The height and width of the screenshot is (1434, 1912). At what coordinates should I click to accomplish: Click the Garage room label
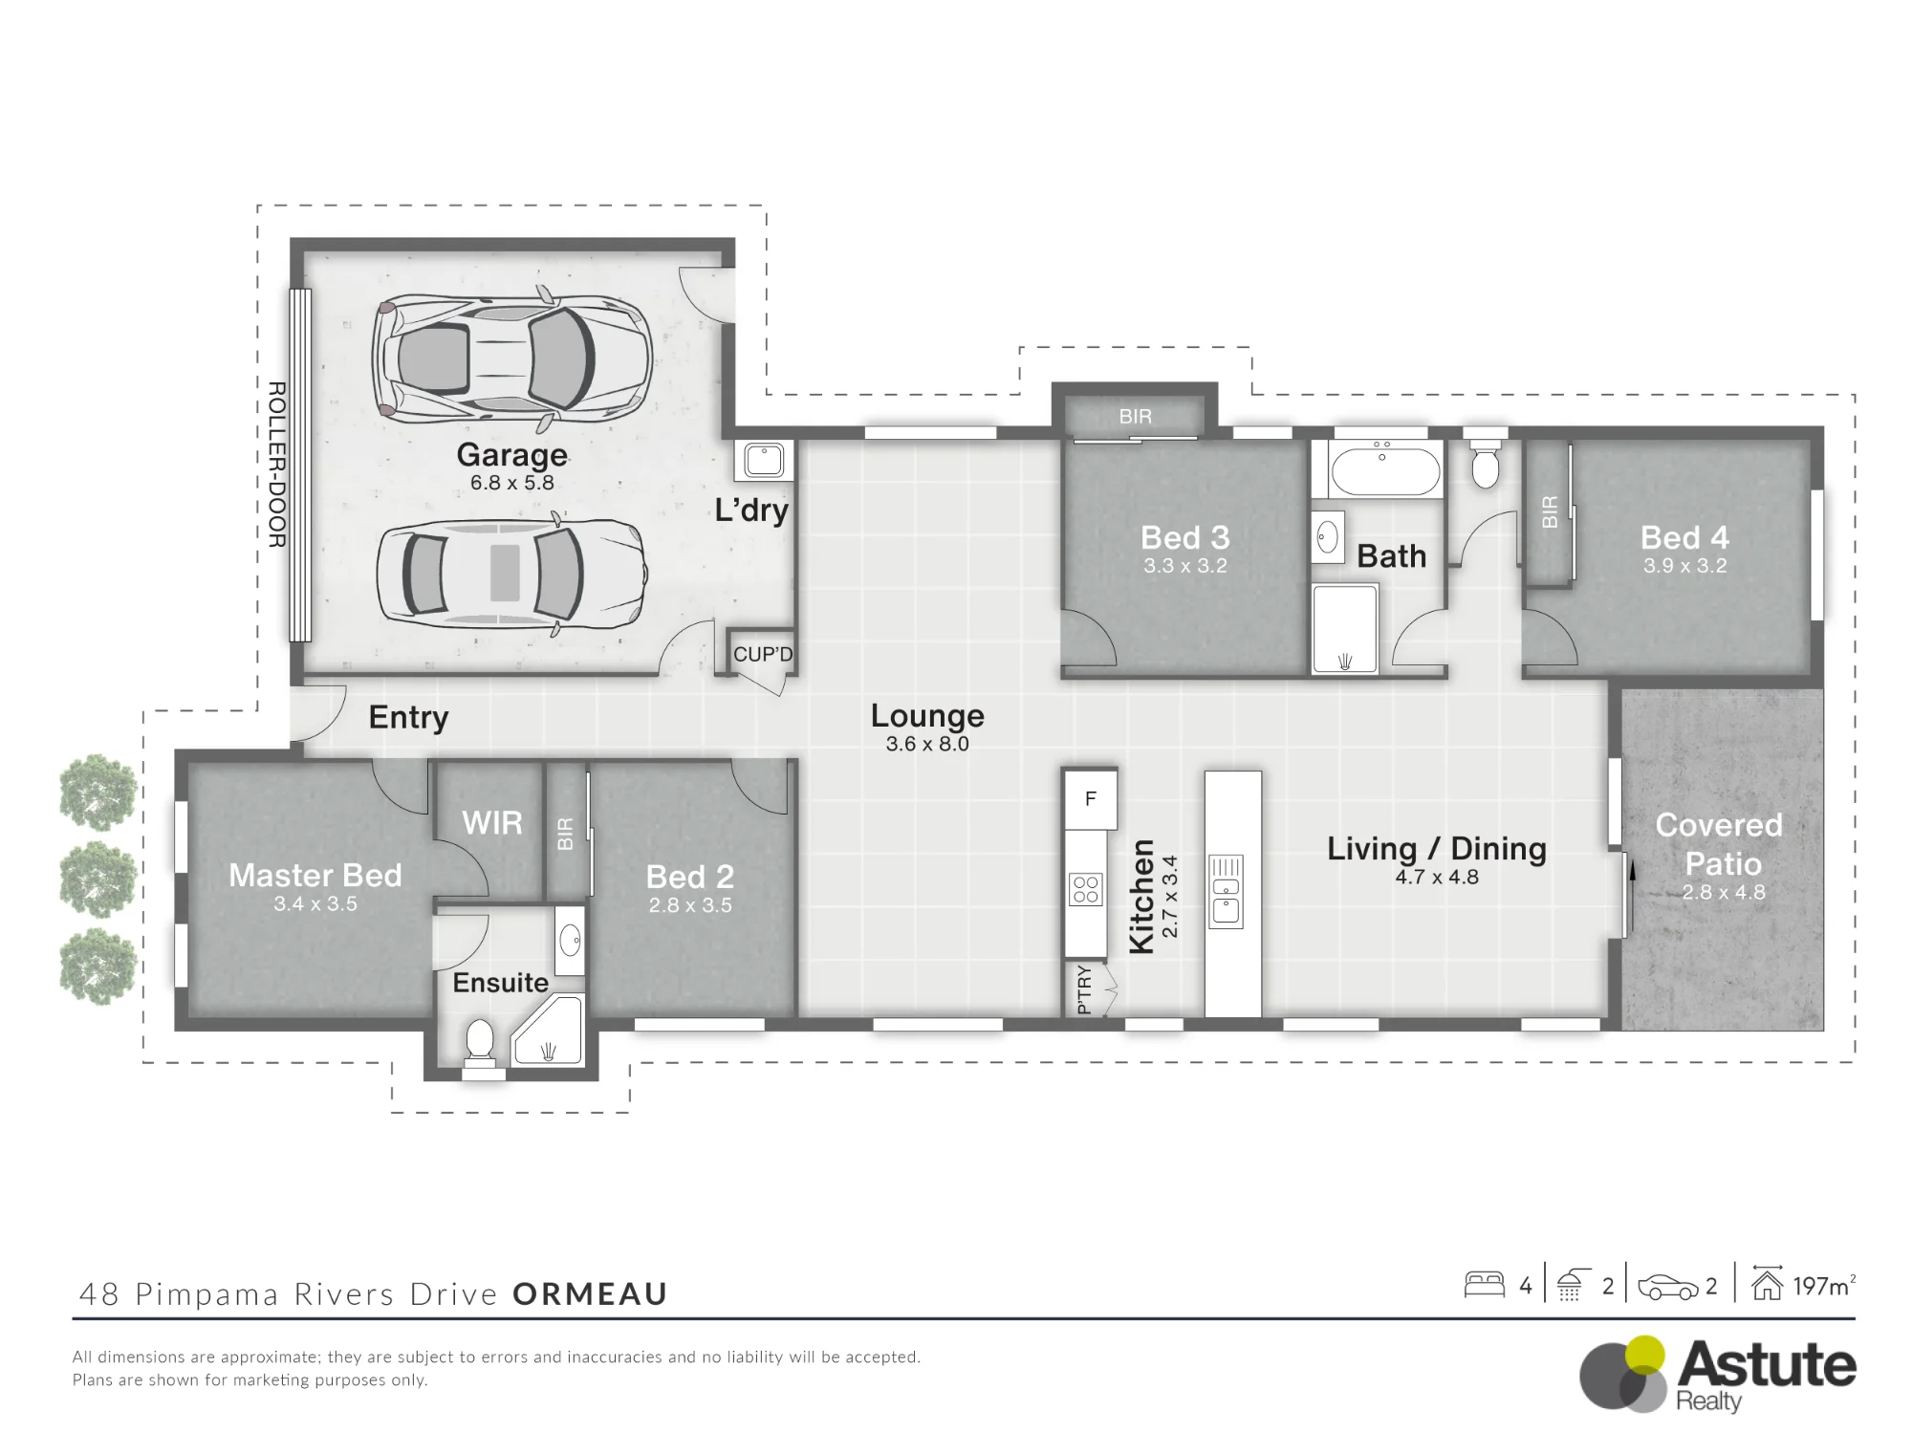[511, 455]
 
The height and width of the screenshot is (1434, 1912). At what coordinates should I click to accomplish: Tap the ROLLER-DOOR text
[276, 465]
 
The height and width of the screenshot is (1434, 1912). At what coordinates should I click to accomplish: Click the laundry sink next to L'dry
[764, 460]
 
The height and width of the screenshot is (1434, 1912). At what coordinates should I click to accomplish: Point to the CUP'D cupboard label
[763, 655]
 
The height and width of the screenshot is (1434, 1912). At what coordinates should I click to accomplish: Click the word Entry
[408, 717]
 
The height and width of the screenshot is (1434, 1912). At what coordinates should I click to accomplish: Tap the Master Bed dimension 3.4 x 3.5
[315, 903]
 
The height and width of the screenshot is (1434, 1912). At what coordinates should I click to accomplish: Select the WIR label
[492, 822]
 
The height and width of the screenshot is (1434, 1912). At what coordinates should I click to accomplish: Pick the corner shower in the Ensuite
[548, 1031]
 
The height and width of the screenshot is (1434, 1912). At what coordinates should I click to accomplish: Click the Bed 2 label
[689, 877]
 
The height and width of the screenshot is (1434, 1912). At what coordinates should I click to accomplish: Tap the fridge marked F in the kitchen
[1091, 799]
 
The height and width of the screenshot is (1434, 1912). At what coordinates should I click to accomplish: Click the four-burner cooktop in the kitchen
[1086, 889]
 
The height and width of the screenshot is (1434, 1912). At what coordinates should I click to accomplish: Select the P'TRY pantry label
[1083, 989]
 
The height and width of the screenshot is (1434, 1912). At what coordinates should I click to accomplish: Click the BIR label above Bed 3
[1135, 417]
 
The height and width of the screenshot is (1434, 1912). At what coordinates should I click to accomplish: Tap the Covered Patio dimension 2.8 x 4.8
[1724, 892]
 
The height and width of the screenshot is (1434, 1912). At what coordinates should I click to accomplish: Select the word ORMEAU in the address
[590, 1294]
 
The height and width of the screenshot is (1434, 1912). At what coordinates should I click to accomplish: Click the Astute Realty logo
[1717, 1375]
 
